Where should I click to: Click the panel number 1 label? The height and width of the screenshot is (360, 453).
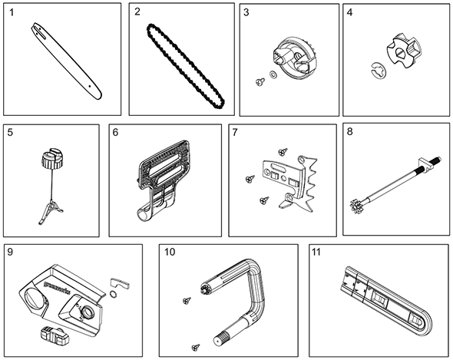[x=12, y=13]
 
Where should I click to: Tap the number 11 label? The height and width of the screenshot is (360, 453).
[x=316, y=253]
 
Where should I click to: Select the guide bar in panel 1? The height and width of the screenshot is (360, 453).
[x=67, y=61]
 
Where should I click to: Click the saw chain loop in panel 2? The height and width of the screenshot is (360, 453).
[x=186, y=67]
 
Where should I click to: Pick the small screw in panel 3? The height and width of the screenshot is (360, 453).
[x=260, y=82]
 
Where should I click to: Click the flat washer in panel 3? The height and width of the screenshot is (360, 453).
[x=273, y=74]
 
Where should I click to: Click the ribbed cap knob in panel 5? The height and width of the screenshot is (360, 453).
[x=52, y=159]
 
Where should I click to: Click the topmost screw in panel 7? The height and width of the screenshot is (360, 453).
[x=283, y=150]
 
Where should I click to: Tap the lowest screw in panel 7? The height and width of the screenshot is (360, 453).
[x=264, y=200]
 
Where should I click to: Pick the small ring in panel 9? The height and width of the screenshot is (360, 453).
[x=114, y=295]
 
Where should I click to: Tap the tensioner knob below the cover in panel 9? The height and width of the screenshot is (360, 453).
[x=55, y=335]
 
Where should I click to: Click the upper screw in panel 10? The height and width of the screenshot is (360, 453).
[x=187, y=300]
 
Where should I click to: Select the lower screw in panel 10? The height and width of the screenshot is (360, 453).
[x=196, y=347]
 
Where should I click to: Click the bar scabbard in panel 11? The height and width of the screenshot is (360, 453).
[x=387, y=302]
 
